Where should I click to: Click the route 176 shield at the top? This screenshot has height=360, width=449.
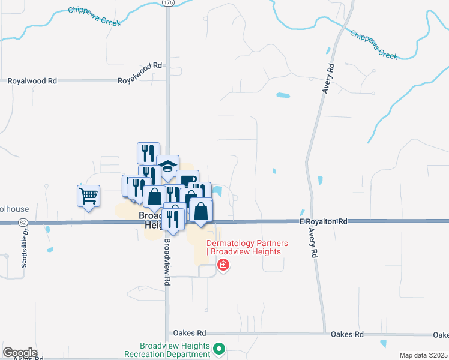click(x=167, y=3)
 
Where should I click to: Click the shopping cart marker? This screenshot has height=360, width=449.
click(x=88, y=196)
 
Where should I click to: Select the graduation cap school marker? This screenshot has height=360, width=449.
click(x=167, y=166)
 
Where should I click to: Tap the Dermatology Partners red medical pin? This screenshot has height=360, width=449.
click(x=223, y=265)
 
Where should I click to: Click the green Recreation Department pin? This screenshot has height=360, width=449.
click(x=220, y=348)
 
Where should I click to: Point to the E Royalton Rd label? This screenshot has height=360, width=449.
click(x=324, y=221)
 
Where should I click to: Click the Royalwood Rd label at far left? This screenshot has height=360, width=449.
click(x=32, y=80)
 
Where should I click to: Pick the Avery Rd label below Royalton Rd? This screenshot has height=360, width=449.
click(x=311, y=242)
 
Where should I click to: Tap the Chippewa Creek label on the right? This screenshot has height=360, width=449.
click(x=373, y=44)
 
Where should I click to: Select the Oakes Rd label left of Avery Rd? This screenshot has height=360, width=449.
click(x=189, y=333)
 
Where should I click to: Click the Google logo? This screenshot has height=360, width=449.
click(x=20, y=353)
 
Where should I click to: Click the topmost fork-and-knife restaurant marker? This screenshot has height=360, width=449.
click(x=148, y=153)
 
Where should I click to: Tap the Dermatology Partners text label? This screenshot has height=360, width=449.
click(x=247, y=247)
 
